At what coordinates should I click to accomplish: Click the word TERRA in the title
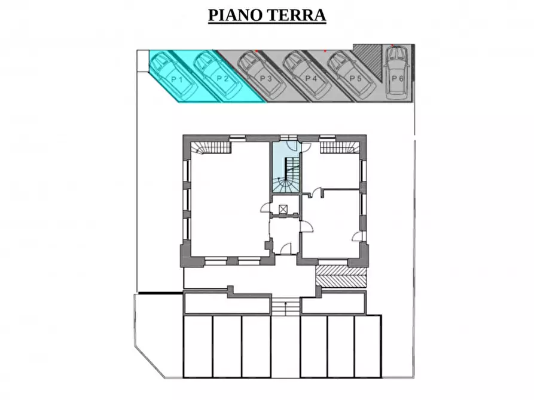pos(297,16)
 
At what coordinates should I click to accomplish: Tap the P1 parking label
pos(177,80)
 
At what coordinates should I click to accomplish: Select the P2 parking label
pos(222,79)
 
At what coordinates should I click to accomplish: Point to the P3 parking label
pos(266,79)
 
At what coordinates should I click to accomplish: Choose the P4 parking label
pos(311,79)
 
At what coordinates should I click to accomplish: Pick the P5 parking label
pos(356,79)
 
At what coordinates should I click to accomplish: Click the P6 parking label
pos(398,79)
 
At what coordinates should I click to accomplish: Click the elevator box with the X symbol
pos(283,209)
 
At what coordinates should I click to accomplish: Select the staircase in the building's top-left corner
pos(210,147)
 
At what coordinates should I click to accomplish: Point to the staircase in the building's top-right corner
pos(340,147)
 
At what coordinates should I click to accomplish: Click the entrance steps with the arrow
pos(285,306)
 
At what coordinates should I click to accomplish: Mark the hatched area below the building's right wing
pos(341,276)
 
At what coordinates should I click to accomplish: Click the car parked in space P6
pos(396,72)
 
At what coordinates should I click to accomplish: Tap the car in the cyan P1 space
pos(174,75)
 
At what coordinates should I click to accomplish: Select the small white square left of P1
pos(143,61)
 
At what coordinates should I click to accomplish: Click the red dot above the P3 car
pos(257,51)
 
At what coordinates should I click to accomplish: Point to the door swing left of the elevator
pos(266,208)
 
